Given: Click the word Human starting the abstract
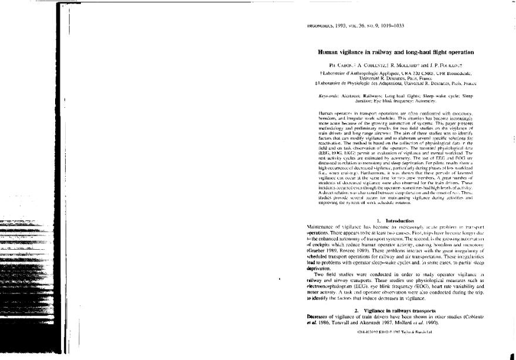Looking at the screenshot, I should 325,111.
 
